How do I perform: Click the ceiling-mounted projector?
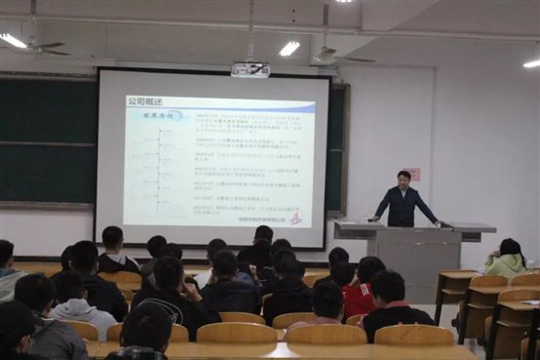[250, 69]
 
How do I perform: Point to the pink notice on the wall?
[413, 174]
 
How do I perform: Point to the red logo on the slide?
[296, 218]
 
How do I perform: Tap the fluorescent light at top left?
[14, 40]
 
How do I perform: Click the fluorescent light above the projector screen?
[289, 47]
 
